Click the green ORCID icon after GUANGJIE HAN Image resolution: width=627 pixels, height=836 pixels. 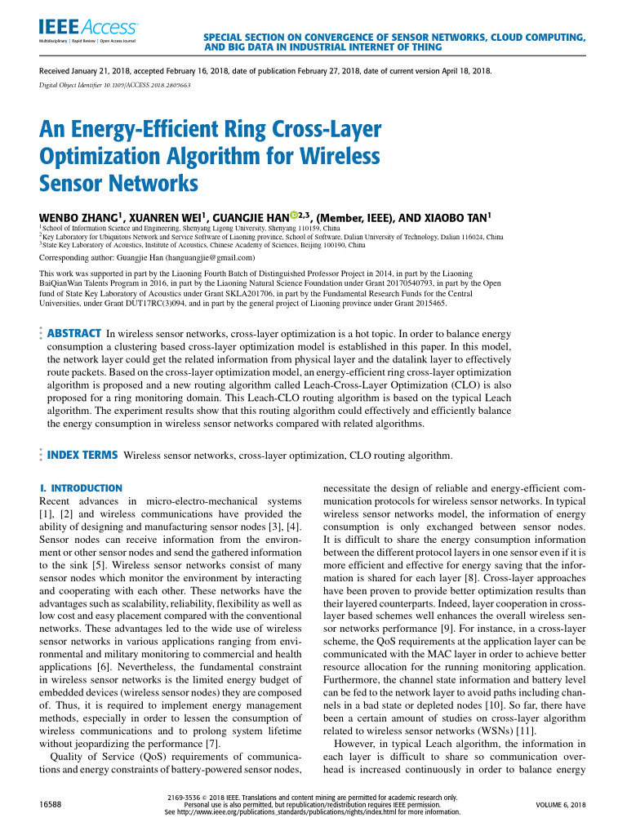(296, 216)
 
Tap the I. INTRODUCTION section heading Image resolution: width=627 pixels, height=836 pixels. (81, 487)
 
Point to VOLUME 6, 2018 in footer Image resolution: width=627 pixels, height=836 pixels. (560, 805)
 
